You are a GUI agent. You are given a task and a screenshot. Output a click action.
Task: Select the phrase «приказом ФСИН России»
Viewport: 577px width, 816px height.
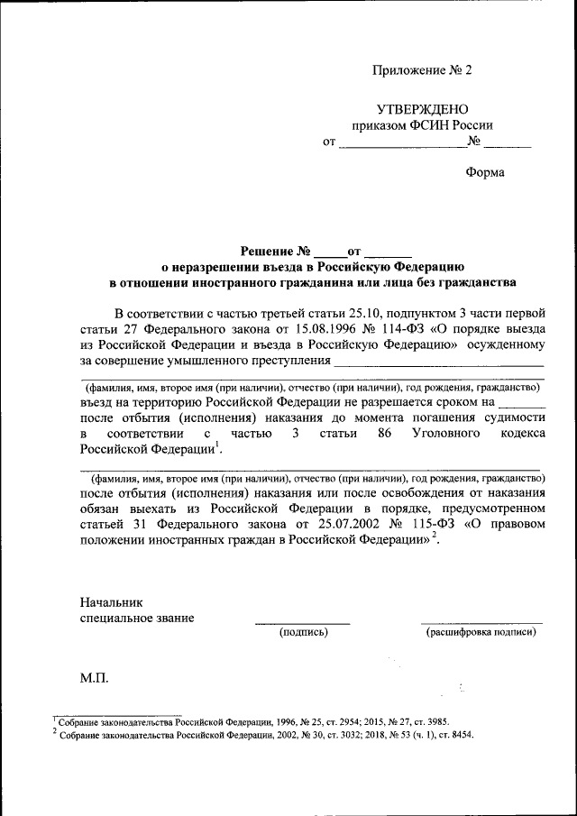[422, 125]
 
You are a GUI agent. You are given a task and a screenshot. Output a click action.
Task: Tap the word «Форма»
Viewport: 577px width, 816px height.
[485, 172]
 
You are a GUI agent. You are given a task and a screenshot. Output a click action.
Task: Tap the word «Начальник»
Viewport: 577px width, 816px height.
[111, 601]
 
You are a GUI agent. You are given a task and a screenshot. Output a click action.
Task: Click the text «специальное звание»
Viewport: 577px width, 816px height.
[136, 618]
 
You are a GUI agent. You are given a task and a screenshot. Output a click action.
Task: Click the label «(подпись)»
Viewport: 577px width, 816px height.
[303, 633]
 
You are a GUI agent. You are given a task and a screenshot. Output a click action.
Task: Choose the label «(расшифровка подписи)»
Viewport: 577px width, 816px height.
[481, 633]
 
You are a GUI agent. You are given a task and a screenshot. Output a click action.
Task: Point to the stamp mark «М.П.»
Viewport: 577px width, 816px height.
[94, 677]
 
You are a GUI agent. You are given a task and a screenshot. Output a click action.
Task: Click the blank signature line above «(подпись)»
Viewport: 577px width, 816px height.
[302, 623]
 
